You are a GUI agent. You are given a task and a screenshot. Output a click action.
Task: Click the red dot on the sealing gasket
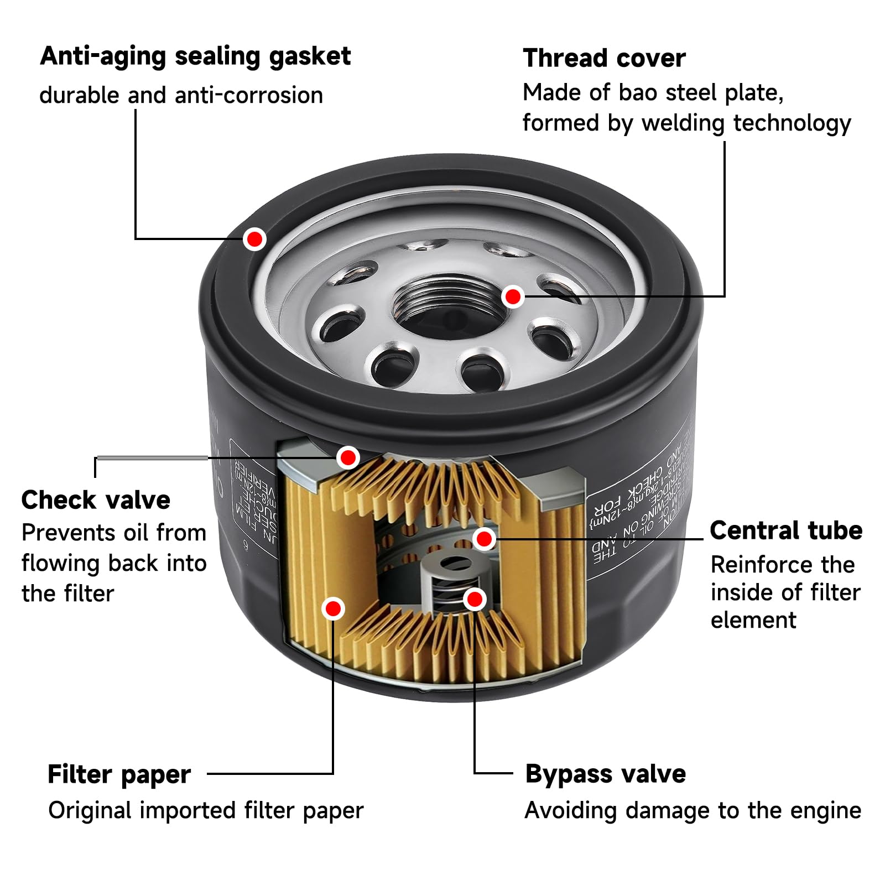[254, 239]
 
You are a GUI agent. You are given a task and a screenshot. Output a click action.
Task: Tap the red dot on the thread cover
[513, 296]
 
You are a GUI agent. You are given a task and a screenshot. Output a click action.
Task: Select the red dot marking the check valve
[348, 457]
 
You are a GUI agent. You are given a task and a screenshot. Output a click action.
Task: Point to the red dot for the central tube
[484, 538]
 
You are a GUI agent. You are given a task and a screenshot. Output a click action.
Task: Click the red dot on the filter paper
[333, 608]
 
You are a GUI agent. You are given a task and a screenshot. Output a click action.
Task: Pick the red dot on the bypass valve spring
[475, 599]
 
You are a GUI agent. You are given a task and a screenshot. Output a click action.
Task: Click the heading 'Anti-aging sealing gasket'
[195, 56]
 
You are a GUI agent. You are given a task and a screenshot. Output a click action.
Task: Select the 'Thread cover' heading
[604, 58]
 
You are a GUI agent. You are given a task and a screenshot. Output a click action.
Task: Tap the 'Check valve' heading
[96, 500]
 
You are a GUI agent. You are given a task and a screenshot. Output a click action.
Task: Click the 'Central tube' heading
[785, 530]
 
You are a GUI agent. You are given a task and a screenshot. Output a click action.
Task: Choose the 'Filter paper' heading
[119, 774]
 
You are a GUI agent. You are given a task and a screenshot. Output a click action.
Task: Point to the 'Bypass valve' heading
[605, 773]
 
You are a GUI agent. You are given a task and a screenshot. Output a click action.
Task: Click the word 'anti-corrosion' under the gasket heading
[248, 95]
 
